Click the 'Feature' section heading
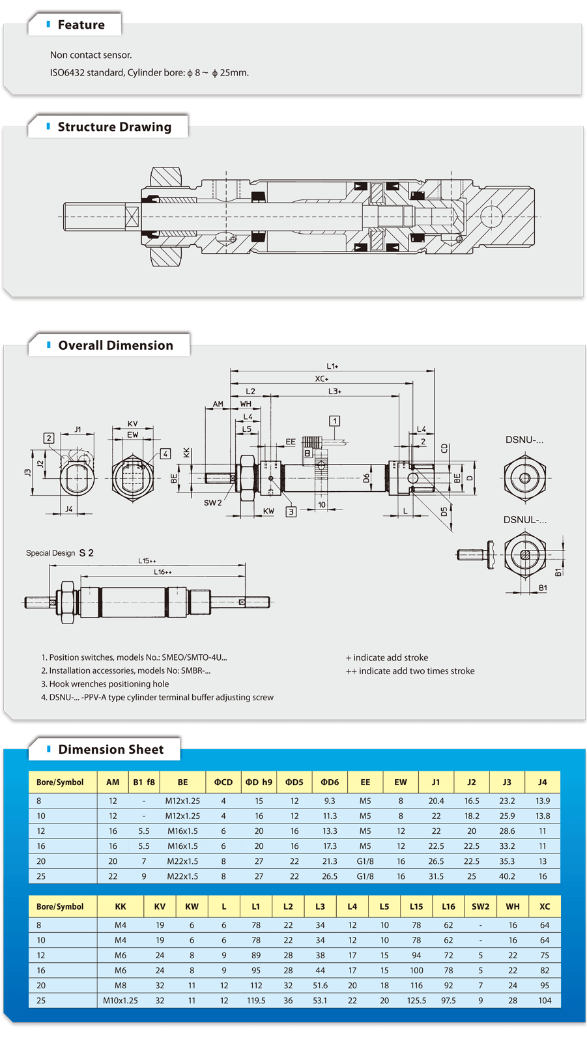[81, 25]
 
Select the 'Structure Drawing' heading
[114, 127]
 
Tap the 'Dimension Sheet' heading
[111, 749]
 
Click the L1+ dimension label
[332, 366]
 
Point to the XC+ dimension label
[322, 379]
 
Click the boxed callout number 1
[334, 421]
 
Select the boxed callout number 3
[291, 512]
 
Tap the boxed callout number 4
[165, 453]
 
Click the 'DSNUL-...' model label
[524, 520]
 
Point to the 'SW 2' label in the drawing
[212, 503]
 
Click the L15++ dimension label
[147, 560]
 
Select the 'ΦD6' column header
[330, 782]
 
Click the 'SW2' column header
[480, 906]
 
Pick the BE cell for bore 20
[182, 861]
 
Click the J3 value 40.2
[507, 876]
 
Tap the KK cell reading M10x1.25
[121, 1001]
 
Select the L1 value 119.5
[256, 1001]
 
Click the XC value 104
[545, 1001]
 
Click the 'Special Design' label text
[51, 553]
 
